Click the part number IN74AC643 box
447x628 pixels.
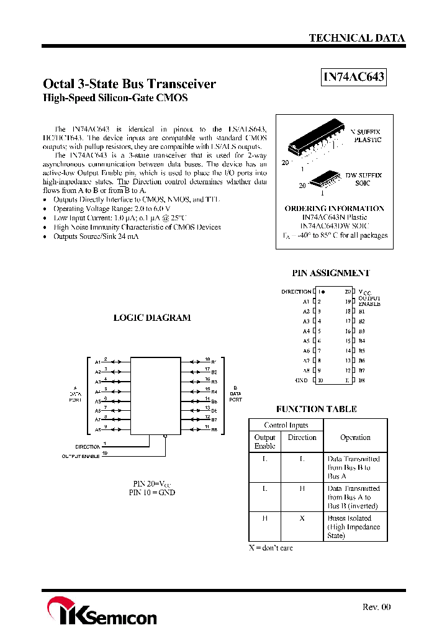354,77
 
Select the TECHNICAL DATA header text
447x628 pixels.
357,38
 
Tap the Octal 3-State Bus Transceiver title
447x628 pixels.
129,84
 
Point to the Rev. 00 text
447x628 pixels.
377,607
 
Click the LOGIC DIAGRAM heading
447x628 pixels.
151,318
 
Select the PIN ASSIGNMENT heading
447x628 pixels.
331,273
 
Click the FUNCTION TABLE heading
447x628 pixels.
317,409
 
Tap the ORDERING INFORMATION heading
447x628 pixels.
334,209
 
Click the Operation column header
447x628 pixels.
355,437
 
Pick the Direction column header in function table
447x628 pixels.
302,437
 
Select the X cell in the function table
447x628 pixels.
302,518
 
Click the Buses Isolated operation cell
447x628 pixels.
354,526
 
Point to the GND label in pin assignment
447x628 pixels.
301,380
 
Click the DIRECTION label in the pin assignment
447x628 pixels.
296,292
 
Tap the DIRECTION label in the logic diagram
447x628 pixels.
88,447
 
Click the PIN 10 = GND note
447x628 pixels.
151,492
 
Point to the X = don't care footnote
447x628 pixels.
271,548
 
